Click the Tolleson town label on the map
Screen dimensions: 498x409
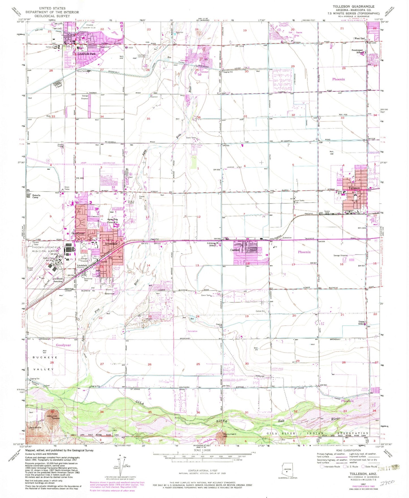[354, 188]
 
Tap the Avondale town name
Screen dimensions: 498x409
[111, 244]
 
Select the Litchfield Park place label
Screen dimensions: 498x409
[87, 54]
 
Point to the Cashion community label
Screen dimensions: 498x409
[235, 250]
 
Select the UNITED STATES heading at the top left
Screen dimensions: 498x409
[52, 8]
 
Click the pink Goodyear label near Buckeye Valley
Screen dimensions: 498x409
[63, 345]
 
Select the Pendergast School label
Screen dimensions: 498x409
[358, 51]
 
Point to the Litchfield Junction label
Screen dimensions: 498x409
[57, 280]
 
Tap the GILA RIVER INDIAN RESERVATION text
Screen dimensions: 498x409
[318, 433]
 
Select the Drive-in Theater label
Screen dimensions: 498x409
[131, 202]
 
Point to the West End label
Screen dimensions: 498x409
[359, 39]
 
